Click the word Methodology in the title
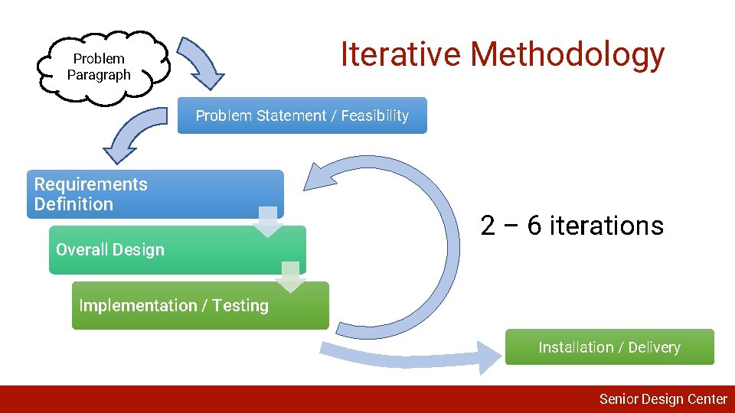pyautogui.click(x=567, y=55)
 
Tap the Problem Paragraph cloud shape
pyautogui.click(x=100, y=67)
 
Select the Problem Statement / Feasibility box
pyautogui.click(x=302, y=115)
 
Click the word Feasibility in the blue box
pyautogui.click(x=374, y=115)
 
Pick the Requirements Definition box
pyautogui.click(x=153, y=194)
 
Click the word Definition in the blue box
pyautogui.click(x=73, y=204)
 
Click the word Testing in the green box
pyautogui.click(x=240, y=306)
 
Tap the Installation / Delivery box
pyautogui.click(x=609, y=347)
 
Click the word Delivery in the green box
pyautogui.click(x=654, y=347)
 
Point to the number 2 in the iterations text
pyautogui.click(x=488, y=226)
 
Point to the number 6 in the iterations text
pyautogui.click(x=535, y=226)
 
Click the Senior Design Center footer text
pyautogui.click(x=662, y=398)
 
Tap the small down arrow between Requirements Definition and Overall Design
pyautogui.click(x=267, y=220)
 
